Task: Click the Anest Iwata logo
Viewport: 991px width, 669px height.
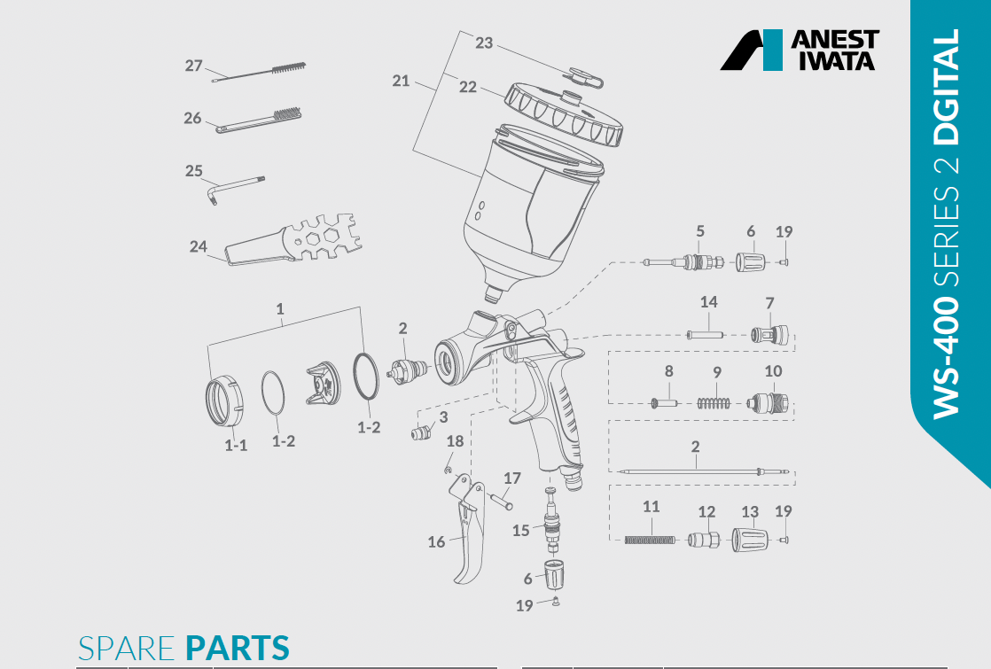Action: (x=799, y=50)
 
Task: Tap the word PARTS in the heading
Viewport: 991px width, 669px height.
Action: (x=237, y=649)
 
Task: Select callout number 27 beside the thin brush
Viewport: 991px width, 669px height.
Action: (x=194, y=66)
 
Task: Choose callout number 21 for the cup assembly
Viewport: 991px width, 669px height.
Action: (x=401, y=81)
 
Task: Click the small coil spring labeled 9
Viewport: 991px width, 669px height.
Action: (x=714, y=402)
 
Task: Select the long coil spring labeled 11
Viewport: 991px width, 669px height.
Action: (x=651, y=539)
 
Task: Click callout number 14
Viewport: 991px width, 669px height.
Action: (x=708, y=302)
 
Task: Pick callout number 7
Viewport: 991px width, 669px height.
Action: (x=769, y=302)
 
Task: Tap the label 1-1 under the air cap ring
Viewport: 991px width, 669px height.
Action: (x=235, y=445)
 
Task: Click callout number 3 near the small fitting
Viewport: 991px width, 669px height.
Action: (x=443, y=416)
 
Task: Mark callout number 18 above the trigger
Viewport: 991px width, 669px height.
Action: (x=455, y=441)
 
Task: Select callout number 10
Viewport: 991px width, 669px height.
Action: (x=773, y=370)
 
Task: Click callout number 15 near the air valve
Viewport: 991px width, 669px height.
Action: (x=521, y=530)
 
